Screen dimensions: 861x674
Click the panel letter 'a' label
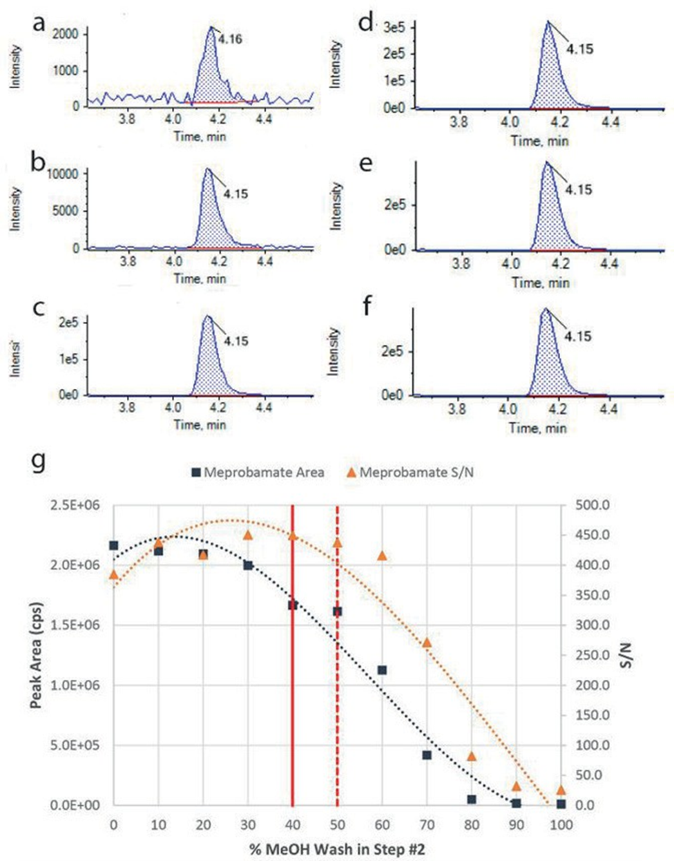tap(39, 23)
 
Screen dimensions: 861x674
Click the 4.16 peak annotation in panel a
tap(230, 39)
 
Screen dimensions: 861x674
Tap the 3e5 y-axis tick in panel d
tap(394, 28)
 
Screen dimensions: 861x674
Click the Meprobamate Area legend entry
tap(258, 472)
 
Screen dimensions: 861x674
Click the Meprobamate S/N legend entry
tap(410, 472)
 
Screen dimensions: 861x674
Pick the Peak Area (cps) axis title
tap(36, 655)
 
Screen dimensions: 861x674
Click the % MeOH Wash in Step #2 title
tap(336, 848)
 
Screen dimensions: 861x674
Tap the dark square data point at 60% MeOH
tap(382, 670)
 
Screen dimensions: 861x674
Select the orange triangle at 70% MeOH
tap(427, 642)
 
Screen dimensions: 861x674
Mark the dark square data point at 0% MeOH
tap(114, 545)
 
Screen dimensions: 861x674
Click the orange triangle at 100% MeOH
tap(561, 790)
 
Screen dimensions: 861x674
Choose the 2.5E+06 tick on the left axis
tap(75, 505)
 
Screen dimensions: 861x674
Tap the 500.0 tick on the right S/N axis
tap(593, 505)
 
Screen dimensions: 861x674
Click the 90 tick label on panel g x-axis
tap(516, 825)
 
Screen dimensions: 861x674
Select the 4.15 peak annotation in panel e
tap(578, 190)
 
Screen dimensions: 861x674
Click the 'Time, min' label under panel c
tap(200, 424)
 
